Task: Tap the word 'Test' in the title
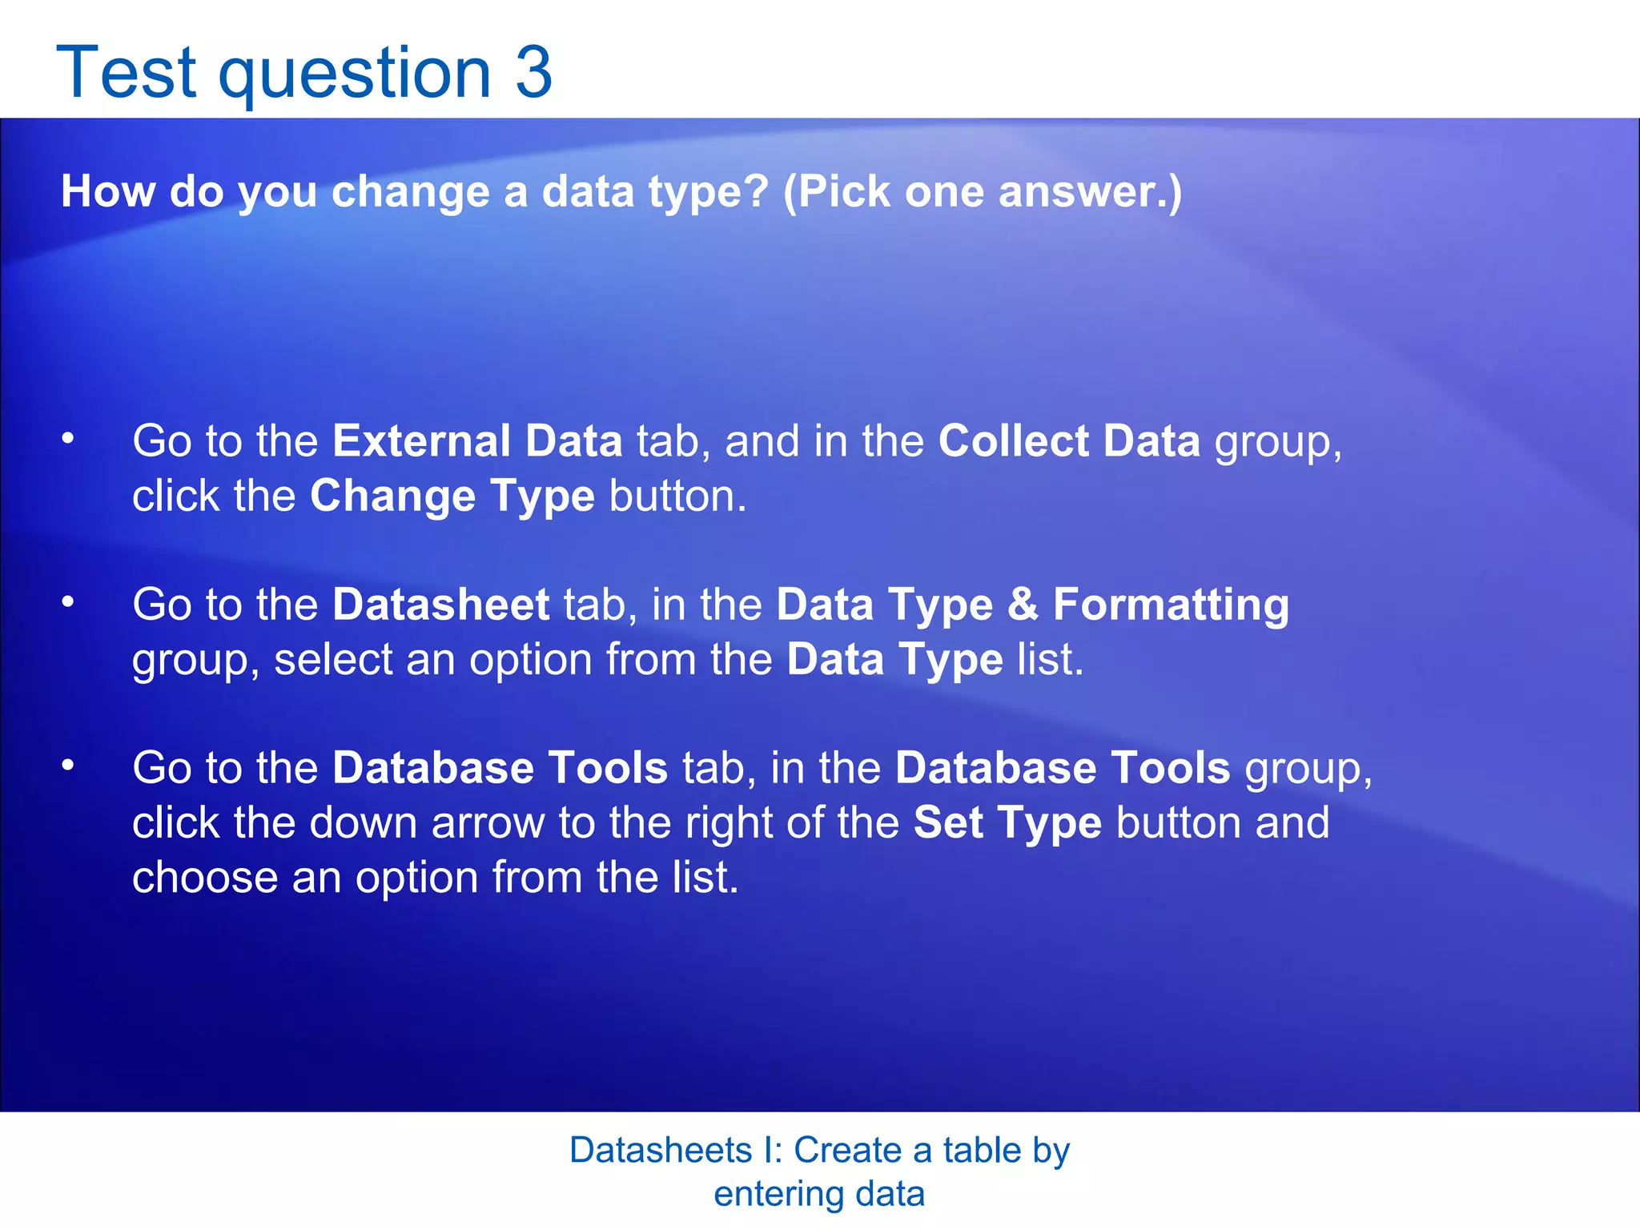coord(127,73)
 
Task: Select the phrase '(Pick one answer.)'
coord(983,192)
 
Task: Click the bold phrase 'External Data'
coord(477,441)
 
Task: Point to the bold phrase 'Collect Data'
coord(1069,441)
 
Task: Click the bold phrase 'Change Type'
coord(452,496)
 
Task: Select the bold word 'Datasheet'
coord(440,605)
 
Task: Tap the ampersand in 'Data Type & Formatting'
coord(1023,605)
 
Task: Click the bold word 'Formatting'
coord(1171,605)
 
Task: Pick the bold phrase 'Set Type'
coord(1007,823)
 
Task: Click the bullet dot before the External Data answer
coord(69,438)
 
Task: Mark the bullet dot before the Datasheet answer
coord(69,601)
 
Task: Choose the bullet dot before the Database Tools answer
coord(69,766)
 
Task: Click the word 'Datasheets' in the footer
coord(661,1151)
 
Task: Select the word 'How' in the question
coord(108,192)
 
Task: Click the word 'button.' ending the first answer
coord(677,496)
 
